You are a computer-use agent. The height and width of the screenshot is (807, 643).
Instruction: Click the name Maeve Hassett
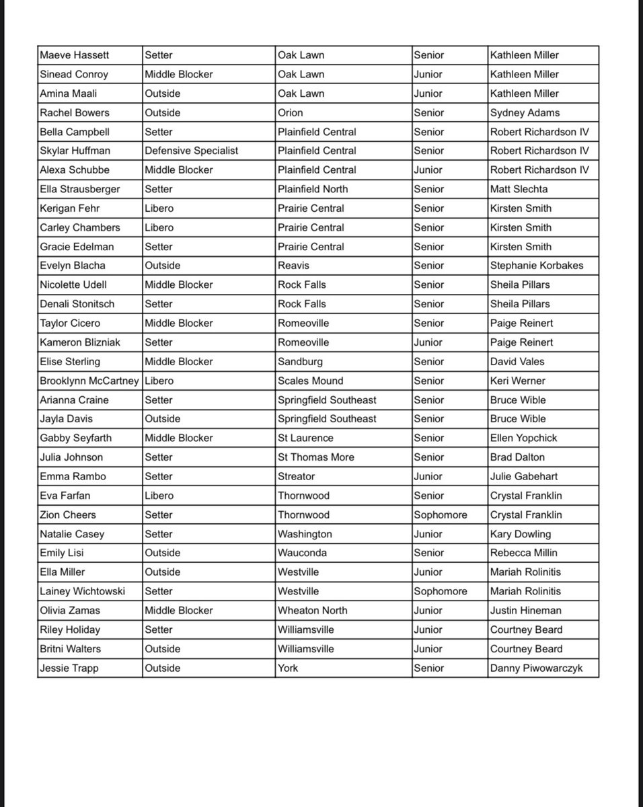point(74,55)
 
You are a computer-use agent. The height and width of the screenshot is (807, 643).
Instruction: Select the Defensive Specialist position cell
point(191,151)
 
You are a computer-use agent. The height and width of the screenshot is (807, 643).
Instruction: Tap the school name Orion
point(291,112)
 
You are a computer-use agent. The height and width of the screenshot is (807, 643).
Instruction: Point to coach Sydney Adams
point(525,112)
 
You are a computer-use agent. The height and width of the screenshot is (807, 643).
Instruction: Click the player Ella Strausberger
point(80,189)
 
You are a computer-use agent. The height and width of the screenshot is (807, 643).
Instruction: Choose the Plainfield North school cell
point(313,189)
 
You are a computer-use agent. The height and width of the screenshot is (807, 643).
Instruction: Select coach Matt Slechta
point(519,189)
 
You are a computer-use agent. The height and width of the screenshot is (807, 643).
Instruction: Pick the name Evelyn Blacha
point(73,266)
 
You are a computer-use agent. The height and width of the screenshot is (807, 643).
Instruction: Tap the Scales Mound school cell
point(311,381)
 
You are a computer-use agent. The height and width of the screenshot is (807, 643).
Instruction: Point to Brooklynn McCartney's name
point(89,381)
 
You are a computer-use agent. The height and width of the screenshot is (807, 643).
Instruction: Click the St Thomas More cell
point(316,457)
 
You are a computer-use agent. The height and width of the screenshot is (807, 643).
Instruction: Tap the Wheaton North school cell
point(313,611)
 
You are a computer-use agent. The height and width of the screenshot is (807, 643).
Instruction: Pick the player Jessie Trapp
point(69,668)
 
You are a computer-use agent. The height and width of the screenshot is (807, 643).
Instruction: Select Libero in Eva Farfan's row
point(159,496)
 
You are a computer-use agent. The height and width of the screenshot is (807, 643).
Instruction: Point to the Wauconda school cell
point(303,553)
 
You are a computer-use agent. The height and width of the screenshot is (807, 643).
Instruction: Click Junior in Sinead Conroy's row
point(428,74)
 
